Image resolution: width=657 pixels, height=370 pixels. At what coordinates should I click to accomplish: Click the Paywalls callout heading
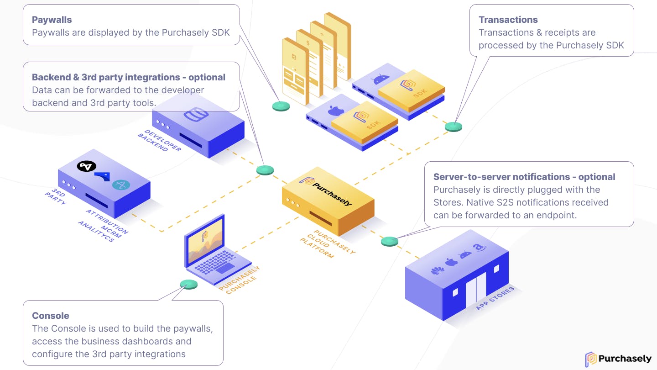pyautogui.click(x=52, y=20)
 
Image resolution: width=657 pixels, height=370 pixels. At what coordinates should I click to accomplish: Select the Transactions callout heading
pyautogui.click(x=508, y=20)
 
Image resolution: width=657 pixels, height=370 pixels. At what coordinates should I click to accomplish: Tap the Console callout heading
pyautogui.click(x=51, y=316)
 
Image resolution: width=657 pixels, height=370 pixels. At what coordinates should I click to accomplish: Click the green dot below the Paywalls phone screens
pyautogui.click(x=281, y=106)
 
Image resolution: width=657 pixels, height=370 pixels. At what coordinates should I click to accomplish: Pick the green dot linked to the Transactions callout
pyautogui.click(x=454, y=127)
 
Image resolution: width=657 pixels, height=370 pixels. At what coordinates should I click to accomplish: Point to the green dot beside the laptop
pyautogui.click(x=189, y=284)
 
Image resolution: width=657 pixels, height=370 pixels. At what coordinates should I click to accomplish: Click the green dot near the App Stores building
pyautogui.click(x=390, y=241)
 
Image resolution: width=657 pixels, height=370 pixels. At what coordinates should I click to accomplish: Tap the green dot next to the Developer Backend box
pyautogui.click(x=265, y=170)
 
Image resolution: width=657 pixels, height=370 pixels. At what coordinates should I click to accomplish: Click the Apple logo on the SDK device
pyautogui.click(x=336, y=110)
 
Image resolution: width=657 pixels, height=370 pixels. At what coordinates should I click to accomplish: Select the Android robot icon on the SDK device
pyautogui.click(x=379, y=79)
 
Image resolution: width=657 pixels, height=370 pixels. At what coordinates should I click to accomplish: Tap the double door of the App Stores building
pyautogui.click(x=476, y=291)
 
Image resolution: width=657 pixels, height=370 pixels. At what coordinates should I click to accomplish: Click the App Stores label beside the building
pyautogui.click(x=495, y=298)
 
